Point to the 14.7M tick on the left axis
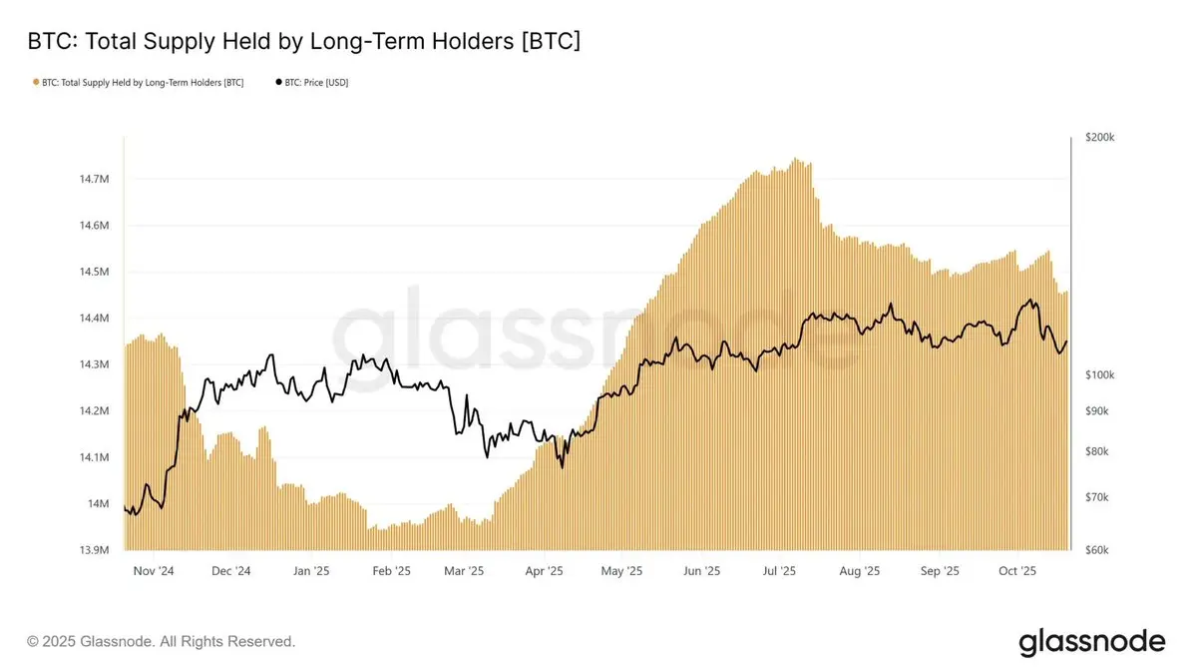point(93,179)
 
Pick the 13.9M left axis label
point(93,550)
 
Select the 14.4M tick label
point(93,318)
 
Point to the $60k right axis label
point(1096,550)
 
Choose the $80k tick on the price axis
point(1096,451)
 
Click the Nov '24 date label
point(153,571)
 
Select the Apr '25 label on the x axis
point(543,571)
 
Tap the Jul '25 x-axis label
point(779,571)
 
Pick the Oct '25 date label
point(1018,571)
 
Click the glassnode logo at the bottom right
point(1091,641)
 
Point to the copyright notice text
point(162,641)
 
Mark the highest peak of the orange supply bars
point(794,159)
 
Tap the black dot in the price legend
point(278,82)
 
